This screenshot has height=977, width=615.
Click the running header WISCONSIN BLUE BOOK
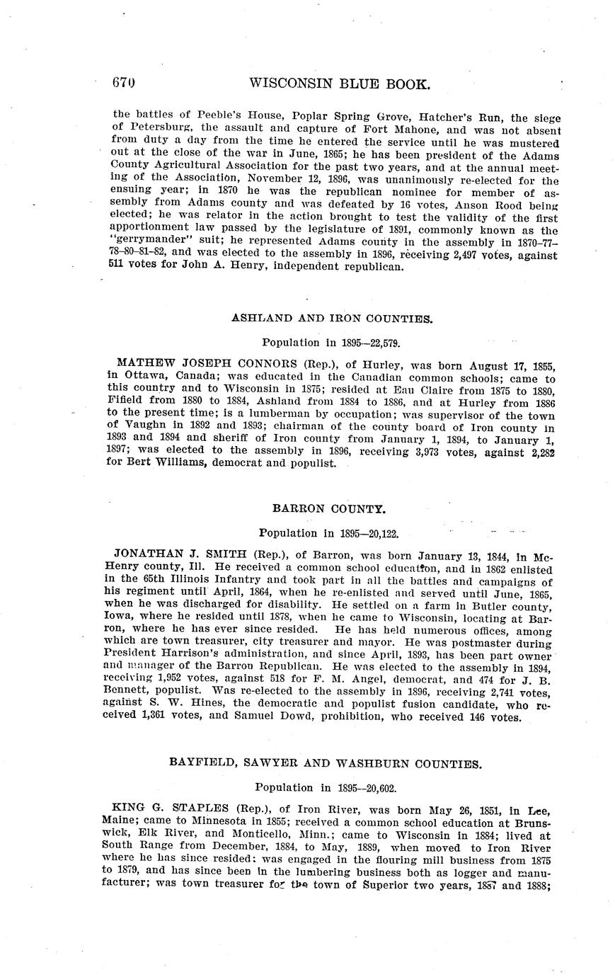coord(340,84)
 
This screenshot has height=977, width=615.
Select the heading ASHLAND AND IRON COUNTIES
coord(331,319)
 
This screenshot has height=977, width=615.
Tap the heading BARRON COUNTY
coord(330,508)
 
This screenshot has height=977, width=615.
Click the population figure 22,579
coord(379,343)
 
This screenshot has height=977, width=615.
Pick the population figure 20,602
coord(375,787)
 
